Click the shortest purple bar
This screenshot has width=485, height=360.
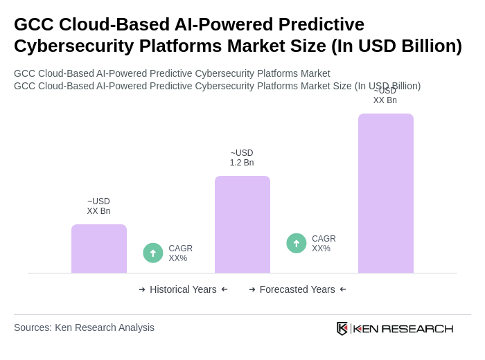tap(99, 249)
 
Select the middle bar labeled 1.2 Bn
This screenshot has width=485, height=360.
tap(242, 224)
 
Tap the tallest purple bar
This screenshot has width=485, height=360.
tap(386, 193)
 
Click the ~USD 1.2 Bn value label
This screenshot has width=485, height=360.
tap(242, 158)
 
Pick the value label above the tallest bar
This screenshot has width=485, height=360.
tap(385, 96)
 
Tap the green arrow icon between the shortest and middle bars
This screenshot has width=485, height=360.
tap(153, 253)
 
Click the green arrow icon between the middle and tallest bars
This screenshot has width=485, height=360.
tap(297, 243)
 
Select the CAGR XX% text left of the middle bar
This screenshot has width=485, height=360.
tap(181, 253)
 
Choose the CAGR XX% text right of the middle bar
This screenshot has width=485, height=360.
tap(324, 244)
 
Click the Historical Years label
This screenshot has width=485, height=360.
tap(183, 289)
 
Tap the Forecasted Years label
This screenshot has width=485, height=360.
tap(297, 289)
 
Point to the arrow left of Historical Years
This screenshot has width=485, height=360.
tap(142, 289)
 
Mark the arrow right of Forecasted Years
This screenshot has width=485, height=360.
tap(343, 289)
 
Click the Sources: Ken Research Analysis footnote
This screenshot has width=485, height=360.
tap(84, 327)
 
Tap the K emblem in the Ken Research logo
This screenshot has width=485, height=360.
tap(342, 328)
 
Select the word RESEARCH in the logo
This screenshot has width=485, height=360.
tap(417, 328)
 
